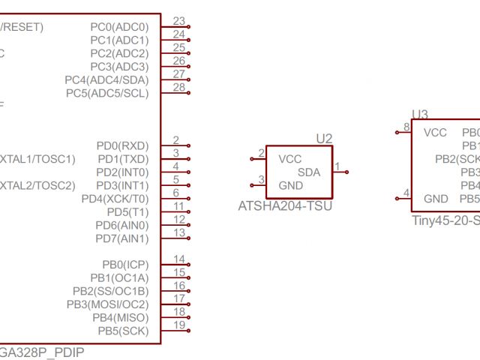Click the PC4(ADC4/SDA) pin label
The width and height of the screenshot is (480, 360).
pyautogui.click(x=106, y=79)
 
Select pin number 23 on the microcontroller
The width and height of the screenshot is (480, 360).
pyautogui.click(x=178, y=21)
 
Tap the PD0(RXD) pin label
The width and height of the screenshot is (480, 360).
pyautogui.click(x=122, y=145)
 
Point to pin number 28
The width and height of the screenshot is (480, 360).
pyautogui.click(x=178, y=88)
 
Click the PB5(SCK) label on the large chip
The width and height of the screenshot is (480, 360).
pyautogui.click(x=124, y=330)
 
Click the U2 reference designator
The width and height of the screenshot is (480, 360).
pyautogui.click(x=324, y=139)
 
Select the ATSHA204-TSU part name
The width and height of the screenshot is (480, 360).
pyautogui.click(x=285, y=205)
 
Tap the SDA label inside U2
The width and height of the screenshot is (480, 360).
pyautogui.click(x=309, y=172)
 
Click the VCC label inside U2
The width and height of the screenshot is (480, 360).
pyautogui.click(x=290, y=159)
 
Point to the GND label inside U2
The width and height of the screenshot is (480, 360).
pyautogui.click(x=290, y=185)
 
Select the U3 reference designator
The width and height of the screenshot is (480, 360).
pyautogui.click(x=420, y=114)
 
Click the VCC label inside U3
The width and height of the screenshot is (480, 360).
pyautogui.click(x=436, y=133)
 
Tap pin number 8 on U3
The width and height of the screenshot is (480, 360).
pyautogui.click(x=406, y=127)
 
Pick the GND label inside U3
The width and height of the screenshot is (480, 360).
pyautogui.click(x=436, y=199)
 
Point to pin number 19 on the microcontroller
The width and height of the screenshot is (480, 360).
pyautogui.click(x=178, y=325)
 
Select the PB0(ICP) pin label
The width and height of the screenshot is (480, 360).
pyautogui.click(x=124, y=264)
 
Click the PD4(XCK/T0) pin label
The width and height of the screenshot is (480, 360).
pyautogui.click(x=115, y=199)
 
